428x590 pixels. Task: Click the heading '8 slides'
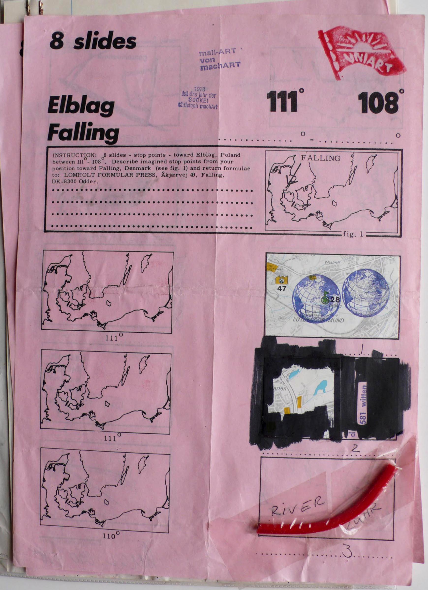pos(93,42)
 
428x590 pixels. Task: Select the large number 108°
pos(379,103)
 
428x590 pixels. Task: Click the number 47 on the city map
pos(282,289)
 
